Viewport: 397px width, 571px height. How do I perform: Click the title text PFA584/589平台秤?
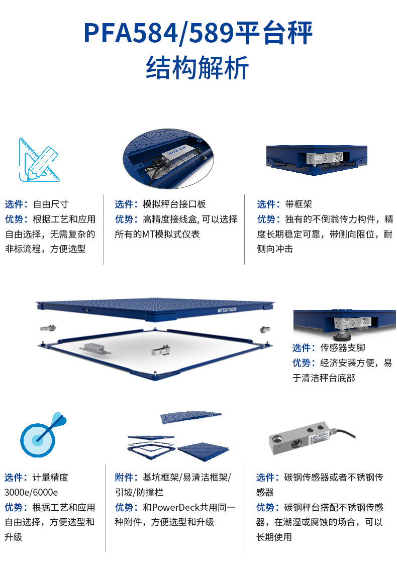(198, 33)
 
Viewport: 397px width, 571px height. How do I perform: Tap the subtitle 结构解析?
(197, 68)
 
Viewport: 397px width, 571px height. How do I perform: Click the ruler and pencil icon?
(39, 160)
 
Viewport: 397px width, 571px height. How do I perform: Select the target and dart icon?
(43, 434)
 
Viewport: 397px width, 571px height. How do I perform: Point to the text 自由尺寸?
(51, 204)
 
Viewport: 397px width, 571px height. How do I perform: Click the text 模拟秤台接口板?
(174, 204)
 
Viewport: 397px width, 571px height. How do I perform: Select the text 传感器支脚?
(343, 348)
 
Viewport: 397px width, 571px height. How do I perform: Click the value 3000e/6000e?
(31, 492)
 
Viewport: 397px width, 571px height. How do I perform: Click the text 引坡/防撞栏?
(139, 492)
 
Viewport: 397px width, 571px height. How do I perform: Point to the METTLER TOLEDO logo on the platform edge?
(227, 310)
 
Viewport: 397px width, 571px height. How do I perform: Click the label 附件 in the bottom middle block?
(124, 478)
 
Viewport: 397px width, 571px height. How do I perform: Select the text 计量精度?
(50, 478)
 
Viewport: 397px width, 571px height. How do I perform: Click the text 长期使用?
(274, 537)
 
